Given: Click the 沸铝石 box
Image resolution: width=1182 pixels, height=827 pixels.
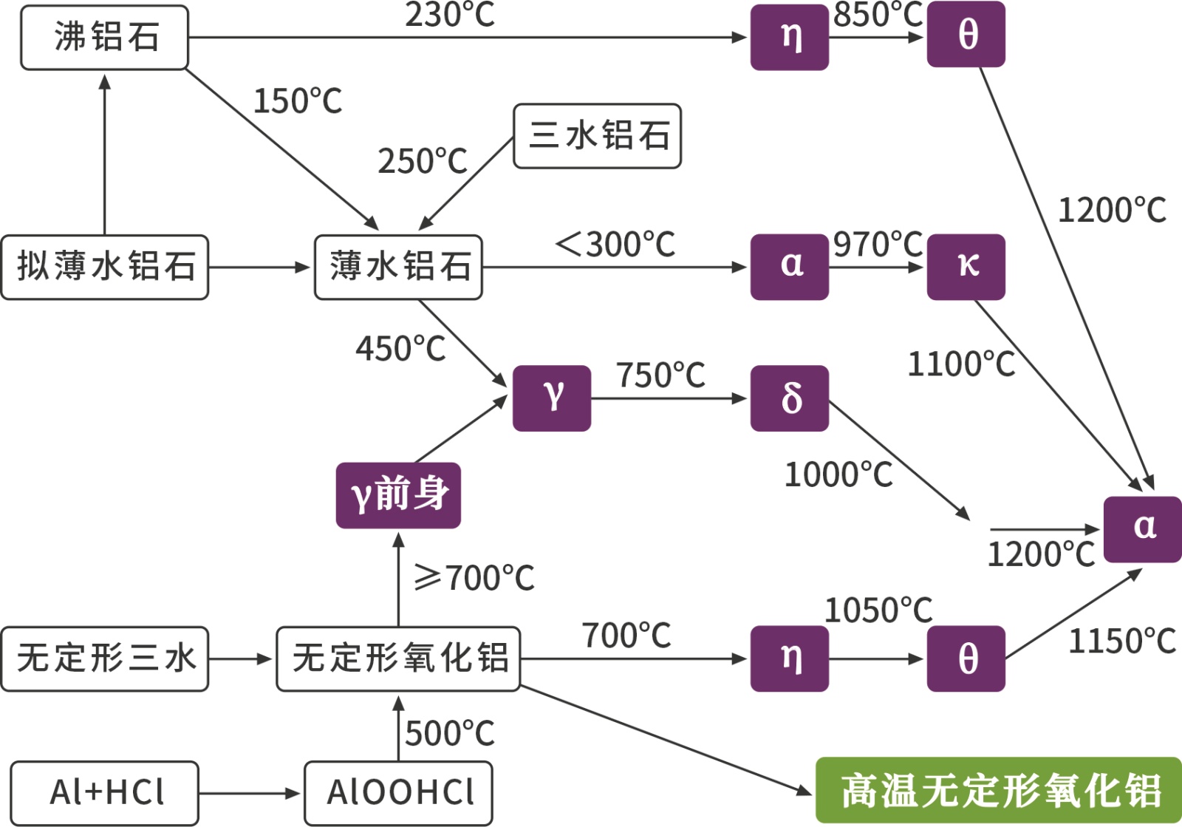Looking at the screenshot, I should coord(104,38).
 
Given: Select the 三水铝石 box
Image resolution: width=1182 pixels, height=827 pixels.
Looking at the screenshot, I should coord(597,136).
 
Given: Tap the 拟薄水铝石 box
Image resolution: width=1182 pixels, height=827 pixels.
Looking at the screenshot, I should coord(105,267).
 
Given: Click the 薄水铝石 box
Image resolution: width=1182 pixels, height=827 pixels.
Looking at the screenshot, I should coord(398,267).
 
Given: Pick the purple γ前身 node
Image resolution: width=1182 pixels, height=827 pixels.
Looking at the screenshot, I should coord(398,495).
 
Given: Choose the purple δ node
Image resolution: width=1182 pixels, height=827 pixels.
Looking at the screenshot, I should coord(789,398).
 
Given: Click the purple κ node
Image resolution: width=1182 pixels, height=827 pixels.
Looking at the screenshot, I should coord(966,267).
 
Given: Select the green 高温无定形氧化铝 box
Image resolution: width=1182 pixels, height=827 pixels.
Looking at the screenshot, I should coord(999,790).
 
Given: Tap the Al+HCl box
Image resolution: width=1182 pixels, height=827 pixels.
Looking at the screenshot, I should coord(105,793).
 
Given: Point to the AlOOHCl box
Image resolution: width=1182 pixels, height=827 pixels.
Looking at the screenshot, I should coord(398,793).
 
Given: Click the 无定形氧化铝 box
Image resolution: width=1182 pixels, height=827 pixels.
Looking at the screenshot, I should coord(398,658).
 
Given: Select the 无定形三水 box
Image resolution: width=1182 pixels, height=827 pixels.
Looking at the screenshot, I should coord(105,658).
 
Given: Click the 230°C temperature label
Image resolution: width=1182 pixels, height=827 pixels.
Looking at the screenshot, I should coord(449,15).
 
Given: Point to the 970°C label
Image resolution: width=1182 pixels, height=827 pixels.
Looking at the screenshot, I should coord(878,245).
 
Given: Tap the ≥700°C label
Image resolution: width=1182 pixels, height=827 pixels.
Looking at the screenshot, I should coord(474,578).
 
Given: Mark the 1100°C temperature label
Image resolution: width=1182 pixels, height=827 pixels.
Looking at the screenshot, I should coord(961,364).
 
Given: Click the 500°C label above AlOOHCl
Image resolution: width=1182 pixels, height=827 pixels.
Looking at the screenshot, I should coord(449,734).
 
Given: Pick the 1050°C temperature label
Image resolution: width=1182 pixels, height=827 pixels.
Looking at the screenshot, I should coord(878,611).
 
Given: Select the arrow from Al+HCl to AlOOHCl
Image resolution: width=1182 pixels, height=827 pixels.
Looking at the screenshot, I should coord(250,794).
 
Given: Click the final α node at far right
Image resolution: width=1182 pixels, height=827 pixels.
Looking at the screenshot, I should coord(1142,529).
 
